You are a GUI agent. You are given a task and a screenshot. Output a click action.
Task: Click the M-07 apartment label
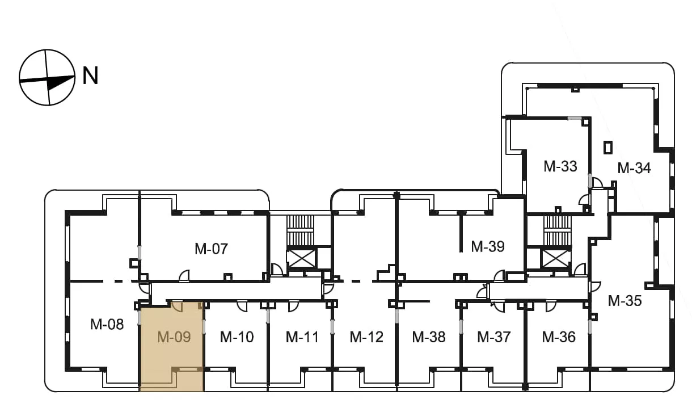point(212,249)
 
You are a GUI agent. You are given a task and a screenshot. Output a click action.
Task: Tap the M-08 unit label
point(107,324)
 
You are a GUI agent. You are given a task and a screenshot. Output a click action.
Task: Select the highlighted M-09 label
point(174,337)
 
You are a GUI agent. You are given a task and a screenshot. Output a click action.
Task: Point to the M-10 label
point(237,337)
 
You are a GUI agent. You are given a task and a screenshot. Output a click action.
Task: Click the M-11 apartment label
point(302,337)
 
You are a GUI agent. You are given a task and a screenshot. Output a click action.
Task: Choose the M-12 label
point(366,337)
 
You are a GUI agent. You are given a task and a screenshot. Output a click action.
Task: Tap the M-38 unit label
point(429,337)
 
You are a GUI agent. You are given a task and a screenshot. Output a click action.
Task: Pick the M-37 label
point(494,337)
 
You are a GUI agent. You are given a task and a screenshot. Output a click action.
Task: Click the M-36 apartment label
point(559,337)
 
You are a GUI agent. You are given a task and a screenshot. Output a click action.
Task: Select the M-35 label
point(625,301)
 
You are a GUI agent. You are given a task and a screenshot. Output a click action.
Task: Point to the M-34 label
point(634,168)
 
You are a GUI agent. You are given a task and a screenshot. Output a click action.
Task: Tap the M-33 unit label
point(560,166)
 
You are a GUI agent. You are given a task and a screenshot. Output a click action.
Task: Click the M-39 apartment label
point(488,246)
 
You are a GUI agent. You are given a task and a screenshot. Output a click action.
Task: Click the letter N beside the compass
point(90,75)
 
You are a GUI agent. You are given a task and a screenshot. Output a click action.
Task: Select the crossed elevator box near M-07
point(301,259)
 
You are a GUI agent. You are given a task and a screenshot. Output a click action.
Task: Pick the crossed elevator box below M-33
point(555,259)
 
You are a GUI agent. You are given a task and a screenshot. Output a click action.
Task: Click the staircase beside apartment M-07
point(300,230)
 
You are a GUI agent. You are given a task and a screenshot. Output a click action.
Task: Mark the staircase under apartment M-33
point(558,230)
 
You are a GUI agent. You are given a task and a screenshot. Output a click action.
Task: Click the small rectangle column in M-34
point(608,148)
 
